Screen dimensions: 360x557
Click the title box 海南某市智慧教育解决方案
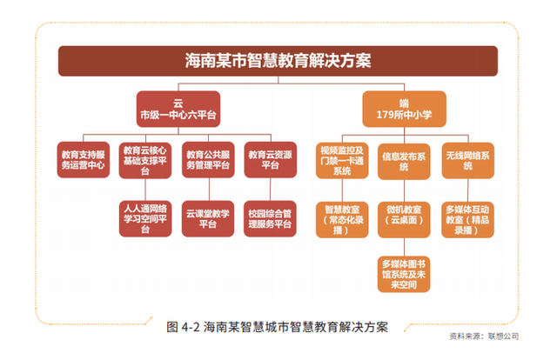pyautogui.click(x=278, y=61)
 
